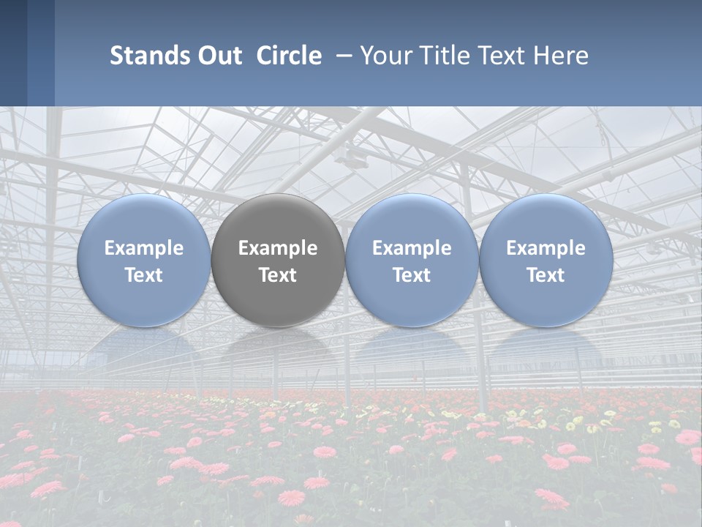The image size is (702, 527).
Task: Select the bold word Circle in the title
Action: (x=289, y=56)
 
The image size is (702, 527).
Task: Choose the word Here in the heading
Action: (x=562, y=56)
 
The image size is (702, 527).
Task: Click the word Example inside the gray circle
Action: (x=278, y=248)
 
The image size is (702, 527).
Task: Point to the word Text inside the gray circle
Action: (x=278, y=275)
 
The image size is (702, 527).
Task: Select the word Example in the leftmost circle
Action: (x=143, y=248)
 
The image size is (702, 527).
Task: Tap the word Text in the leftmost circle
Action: (x=143, y=275)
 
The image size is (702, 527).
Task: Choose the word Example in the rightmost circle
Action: (x=546, y=248)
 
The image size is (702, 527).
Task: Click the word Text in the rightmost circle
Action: (x=546, y=275)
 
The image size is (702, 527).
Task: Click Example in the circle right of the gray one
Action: (x=412, y=248)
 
